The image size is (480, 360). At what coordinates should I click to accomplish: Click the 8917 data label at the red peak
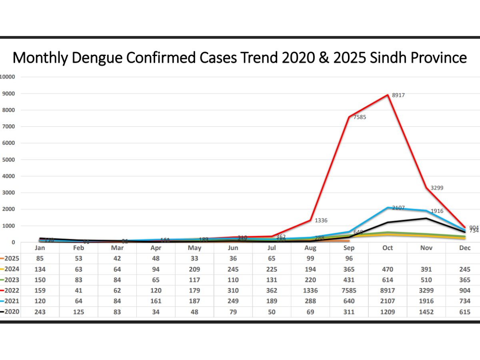[x=398, y=96]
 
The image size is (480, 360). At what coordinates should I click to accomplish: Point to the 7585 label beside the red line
[x=359, y=117]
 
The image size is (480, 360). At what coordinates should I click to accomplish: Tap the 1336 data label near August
[x=321, y=220]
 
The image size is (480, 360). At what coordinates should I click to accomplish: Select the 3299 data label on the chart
[x=436, y=188]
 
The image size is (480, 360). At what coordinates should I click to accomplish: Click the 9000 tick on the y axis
[x=9, y=94]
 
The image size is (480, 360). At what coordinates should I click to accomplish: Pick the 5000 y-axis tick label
[x=9, y=160]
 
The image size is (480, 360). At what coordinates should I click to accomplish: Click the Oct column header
[x=388, y=248]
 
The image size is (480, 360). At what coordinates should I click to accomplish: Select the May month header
[x=194, y=248]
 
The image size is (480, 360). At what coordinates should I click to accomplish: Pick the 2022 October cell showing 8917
[x=388, y=291]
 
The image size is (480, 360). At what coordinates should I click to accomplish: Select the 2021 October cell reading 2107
[x=388, y=302]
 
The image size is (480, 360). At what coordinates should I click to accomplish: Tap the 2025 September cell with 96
[x=349, y=258]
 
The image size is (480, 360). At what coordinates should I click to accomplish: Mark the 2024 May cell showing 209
[x=194, y=269]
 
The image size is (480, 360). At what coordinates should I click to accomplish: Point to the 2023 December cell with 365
[x=464, y=280]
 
